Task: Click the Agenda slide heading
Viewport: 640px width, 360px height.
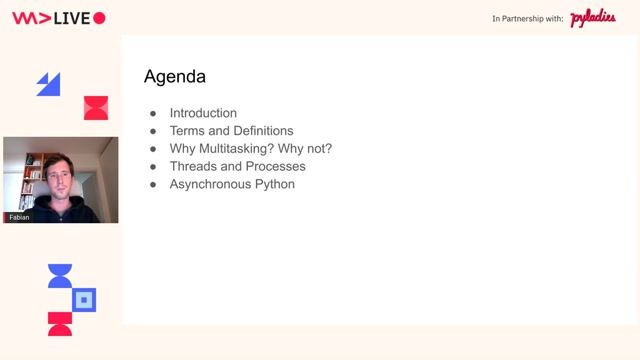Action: [x=175, y=76]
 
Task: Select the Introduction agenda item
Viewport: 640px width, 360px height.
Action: [x=203, y=113]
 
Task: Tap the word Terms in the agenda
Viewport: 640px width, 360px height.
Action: [x=186, y=131]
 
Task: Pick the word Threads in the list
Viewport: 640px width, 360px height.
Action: [x=192, y=167]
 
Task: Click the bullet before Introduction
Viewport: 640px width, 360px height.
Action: [x=153, y=113]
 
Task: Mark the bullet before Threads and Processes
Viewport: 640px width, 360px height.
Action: [x=153, y=167]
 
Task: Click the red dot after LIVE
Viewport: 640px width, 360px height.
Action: [x=99, y=18]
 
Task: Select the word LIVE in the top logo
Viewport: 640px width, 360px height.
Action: [x=71, y=18]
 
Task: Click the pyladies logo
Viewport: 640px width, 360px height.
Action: [x=593, y=19]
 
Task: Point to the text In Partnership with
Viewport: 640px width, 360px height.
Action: [x=528, y=19]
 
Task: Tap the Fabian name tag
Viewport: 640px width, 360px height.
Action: [x=19, y=216]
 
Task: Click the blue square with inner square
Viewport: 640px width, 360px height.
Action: [x=85, y=299]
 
